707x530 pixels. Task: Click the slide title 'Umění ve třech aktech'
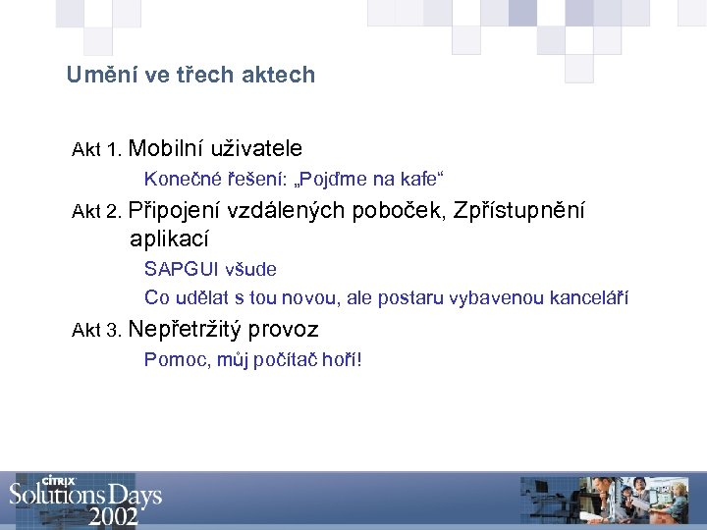pos(190,75)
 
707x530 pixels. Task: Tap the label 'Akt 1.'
pos(96,151)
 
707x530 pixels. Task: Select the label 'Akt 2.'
pos(96,212)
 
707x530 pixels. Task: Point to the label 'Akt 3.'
pos(96,331)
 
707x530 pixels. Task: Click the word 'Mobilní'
pos(164,148)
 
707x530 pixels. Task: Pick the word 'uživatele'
pos(255,148)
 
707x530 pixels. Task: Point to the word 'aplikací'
pos(169,238)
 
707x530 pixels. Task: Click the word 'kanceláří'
pos(590,297)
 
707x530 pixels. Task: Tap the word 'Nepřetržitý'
pos(186,330)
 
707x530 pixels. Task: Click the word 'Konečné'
pos(177,179)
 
